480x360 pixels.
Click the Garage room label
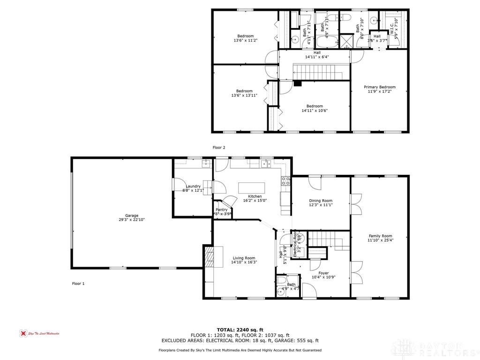coord(131,216)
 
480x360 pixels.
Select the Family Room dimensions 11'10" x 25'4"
coord(380,240)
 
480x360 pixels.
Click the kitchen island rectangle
coord(251,188)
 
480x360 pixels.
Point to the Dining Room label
coord(321,201)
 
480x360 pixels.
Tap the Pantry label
coord(222,210)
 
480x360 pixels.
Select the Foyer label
coord(323,273)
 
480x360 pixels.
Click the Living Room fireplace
coord(209,256)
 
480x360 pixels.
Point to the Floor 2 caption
coord(219,147)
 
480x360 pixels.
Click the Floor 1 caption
coord(78,284)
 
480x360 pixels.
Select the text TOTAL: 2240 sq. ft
coord(240,329)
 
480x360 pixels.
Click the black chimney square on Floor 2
coord(298,83)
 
